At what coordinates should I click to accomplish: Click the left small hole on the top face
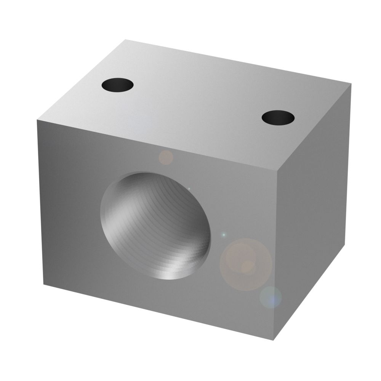118,84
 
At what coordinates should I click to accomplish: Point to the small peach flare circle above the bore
166,157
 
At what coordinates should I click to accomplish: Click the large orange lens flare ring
246,264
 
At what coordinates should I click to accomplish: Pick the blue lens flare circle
271,297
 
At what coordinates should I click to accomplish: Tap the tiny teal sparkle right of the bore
224,234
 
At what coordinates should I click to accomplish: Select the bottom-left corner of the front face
43,284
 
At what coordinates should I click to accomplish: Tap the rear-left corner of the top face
125,39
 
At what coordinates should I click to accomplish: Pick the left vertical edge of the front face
40,202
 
